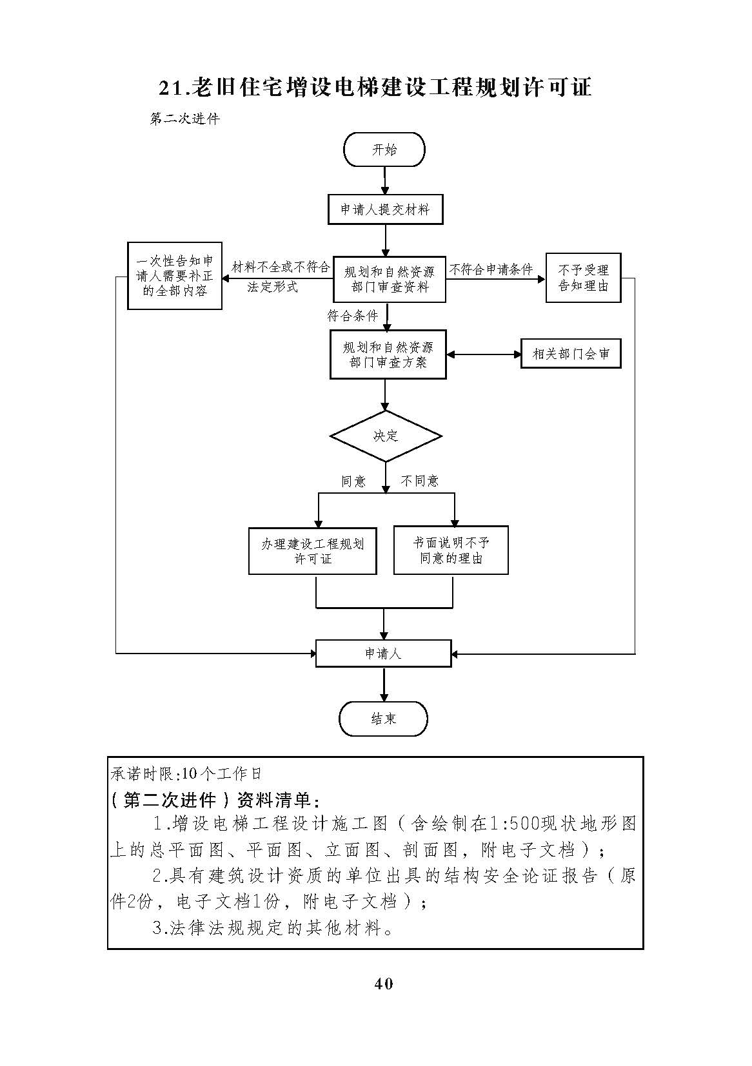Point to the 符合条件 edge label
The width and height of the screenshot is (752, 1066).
(352, 316)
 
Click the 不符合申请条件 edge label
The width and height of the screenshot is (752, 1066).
(491, 270)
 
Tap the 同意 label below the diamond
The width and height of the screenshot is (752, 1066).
(353, 481)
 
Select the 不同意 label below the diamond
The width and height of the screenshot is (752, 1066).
(419, 481)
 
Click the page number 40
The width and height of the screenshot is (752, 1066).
(383, 984)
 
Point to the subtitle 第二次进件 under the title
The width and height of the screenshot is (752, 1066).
(185, 119)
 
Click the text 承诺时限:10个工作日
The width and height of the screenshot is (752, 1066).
(186, 774)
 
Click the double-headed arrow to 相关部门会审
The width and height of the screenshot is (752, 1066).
(484, 354)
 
